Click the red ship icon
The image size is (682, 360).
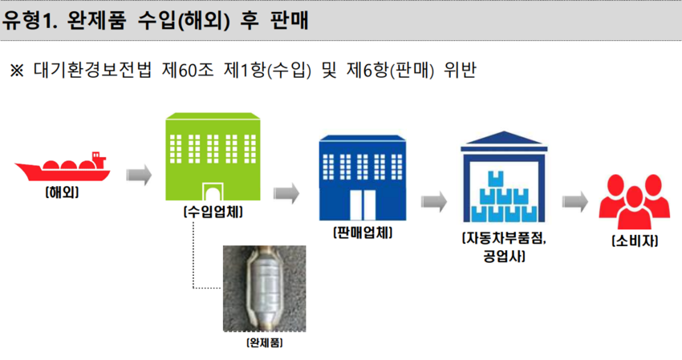coord(63,168)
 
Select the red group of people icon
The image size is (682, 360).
coord(634,200)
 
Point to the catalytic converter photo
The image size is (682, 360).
coord(265,289)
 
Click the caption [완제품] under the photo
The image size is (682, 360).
coord(265,343)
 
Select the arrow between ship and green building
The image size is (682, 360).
coord(139,174)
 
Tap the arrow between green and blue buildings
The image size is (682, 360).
coord(286,192)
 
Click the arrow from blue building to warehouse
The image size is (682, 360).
coord(434,202)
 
